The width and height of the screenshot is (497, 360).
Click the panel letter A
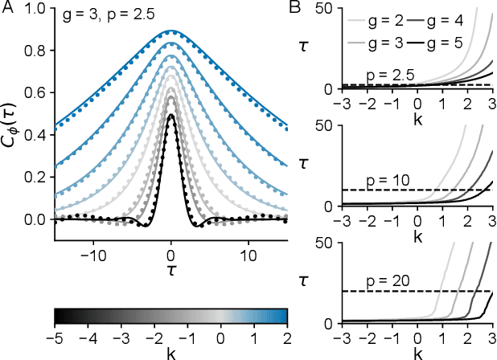coord(9,10)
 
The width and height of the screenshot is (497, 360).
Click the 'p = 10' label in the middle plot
coord(384,181)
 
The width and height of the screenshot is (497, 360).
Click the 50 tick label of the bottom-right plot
coord(327,245)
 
